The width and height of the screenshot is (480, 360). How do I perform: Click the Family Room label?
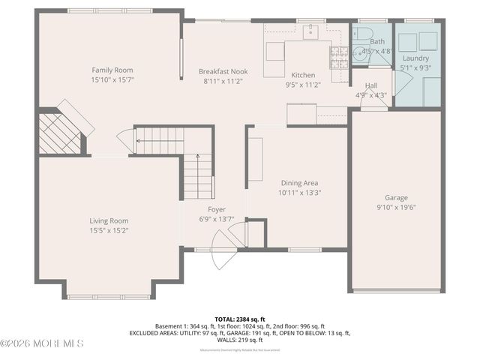point(112,70)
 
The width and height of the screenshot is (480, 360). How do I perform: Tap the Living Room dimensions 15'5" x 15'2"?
point(109,231)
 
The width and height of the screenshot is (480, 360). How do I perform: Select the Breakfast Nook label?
point(223,72)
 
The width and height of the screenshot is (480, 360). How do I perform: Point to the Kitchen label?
point(303,76)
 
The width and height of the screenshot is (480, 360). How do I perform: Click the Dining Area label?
point(300,183)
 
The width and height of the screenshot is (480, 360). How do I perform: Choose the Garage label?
point(396,198)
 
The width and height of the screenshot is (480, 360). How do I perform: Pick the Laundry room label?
point(415,58)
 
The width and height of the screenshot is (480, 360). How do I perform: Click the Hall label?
point(370,85)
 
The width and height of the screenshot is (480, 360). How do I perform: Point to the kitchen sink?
point(310,32)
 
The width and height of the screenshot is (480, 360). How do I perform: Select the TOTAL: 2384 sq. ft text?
point(240,319)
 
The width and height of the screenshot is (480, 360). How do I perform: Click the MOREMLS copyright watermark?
point(42,343)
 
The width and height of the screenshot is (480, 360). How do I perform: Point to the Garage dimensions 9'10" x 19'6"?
point(396,208)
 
